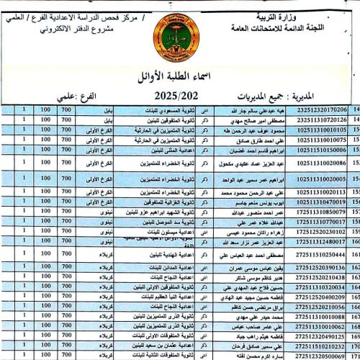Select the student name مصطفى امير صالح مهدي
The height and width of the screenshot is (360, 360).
pyautogui.click(x=242, y=120)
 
